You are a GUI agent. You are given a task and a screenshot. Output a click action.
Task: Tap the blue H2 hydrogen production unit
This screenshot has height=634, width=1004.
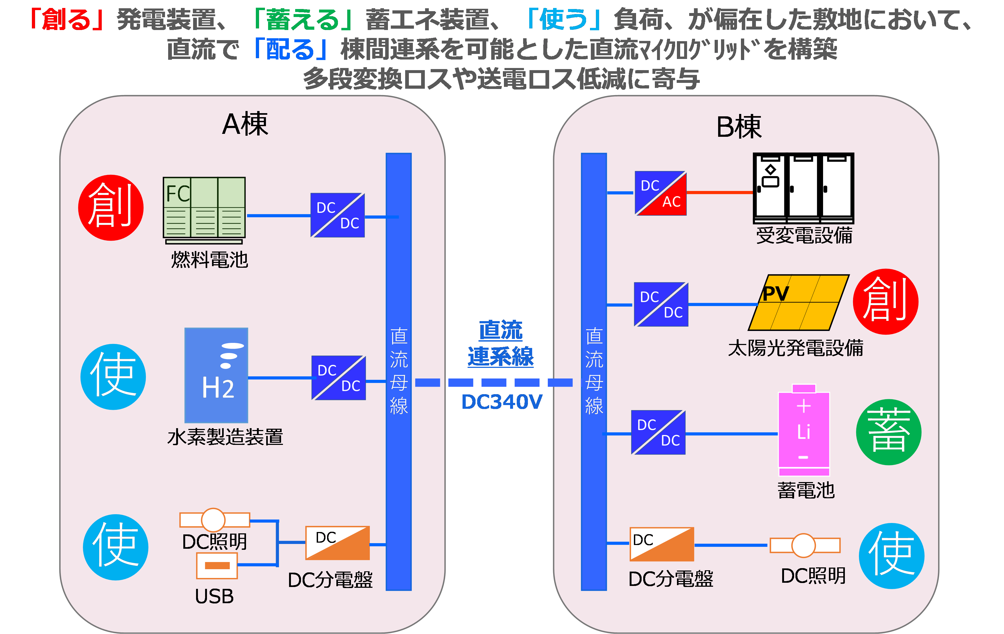point(216,375)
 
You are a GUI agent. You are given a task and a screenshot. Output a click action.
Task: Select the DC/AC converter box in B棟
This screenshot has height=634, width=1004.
point(660,193)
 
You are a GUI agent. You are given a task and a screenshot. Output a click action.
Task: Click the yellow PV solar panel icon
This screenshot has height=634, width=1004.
point(798,303)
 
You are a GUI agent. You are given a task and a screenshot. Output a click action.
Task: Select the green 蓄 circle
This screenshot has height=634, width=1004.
point(888,432)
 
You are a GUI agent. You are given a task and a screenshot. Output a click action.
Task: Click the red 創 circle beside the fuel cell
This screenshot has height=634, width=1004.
point(111,208)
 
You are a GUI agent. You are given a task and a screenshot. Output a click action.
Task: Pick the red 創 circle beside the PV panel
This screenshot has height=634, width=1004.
point(885,301)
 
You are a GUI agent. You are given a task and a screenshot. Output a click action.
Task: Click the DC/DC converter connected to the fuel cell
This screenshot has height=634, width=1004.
point(338,215)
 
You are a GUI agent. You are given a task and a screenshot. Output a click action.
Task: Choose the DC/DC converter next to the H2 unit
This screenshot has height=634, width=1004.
point(338,378)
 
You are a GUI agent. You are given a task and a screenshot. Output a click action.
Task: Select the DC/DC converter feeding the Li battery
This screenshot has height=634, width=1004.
point(658,432)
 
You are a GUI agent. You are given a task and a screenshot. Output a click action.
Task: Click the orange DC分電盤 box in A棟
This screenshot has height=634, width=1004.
point(338,543)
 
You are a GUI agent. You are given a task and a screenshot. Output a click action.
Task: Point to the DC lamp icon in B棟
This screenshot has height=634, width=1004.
point(804,545)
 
